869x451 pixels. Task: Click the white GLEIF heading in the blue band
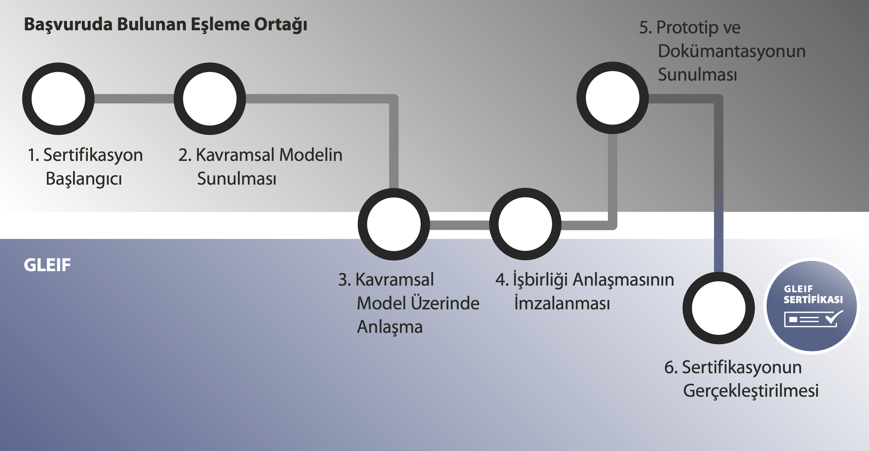47,265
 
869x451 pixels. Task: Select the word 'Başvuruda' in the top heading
68,25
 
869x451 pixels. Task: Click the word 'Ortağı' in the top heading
281,25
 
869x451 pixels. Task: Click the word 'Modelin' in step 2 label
311,155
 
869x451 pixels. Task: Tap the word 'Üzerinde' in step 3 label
445,303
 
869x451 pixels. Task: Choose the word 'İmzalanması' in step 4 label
562,303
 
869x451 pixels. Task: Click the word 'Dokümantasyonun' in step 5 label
732,51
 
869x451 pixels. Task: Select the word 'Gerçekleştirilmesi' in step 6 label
751,391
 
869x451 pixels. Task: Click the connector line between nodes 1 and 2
134,99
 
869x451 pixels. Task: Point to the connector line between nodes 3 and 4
459,225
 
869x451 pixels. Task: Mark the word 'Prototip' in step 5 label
687,28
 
